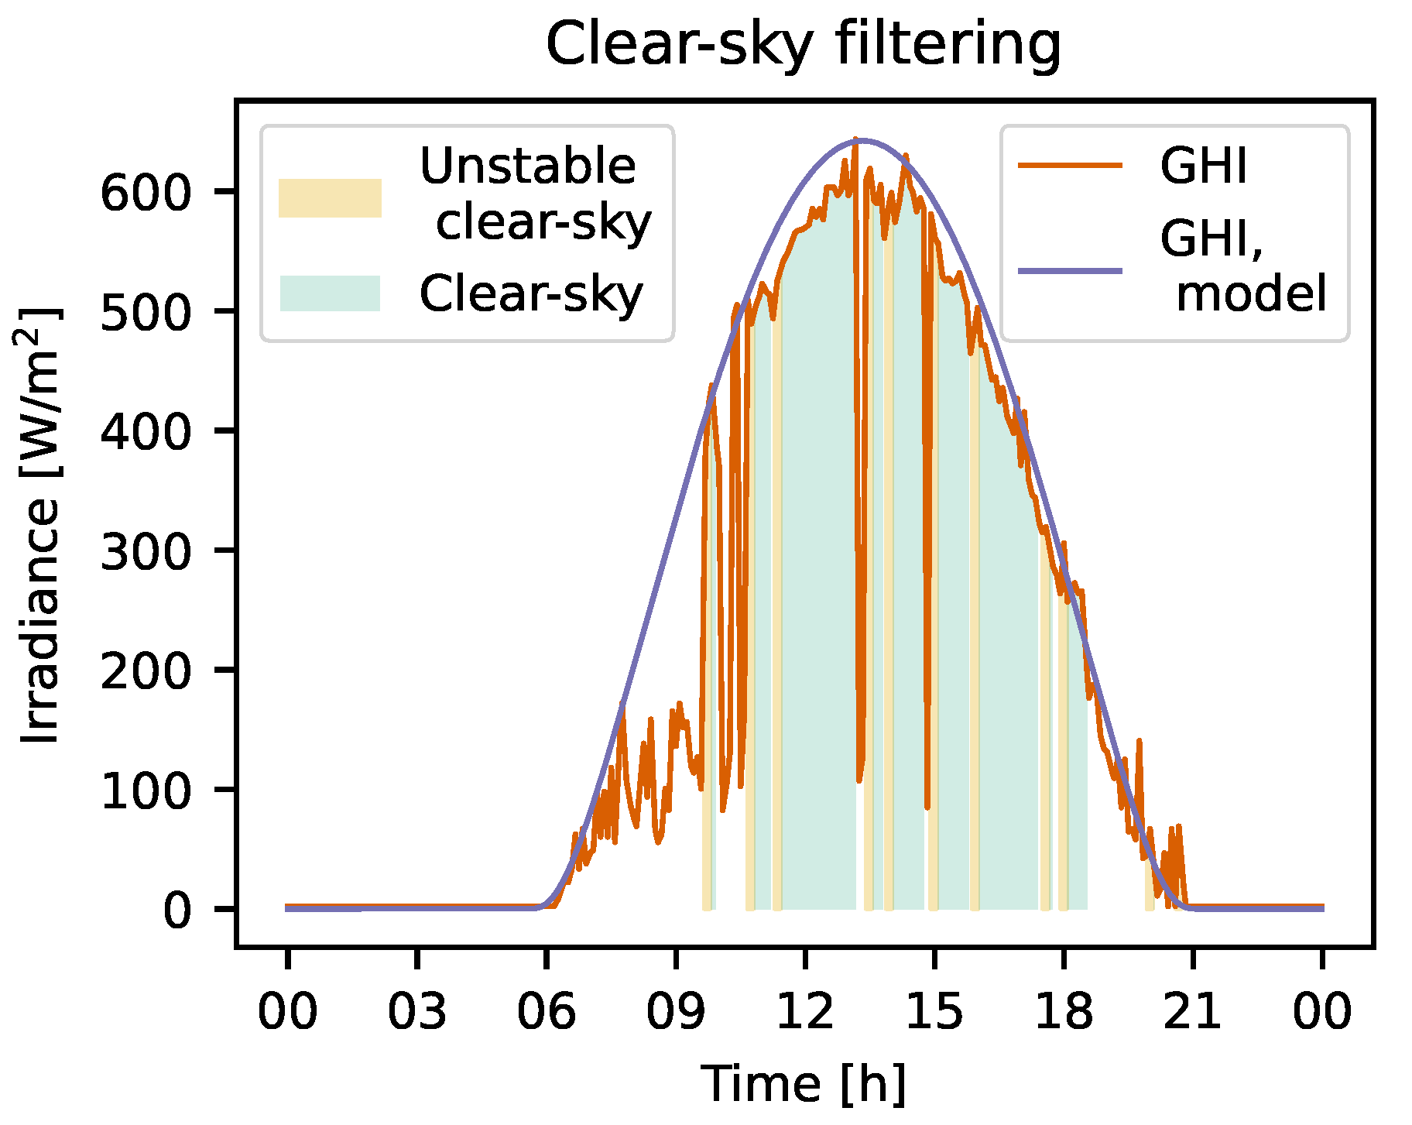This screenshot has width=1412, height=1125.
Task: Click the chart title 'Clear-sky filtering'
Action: coord(804,44)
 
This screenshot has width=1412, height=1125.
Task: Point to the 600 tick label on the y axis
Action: coord(146,192)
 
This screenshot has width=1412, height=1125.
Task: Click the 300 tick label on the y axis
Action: coord(146,551)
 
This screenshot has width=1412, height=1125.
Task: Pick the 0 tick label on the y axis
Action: coord(176,910)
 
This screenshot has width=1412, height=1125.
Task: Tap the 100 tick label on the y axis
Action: coord(146,791)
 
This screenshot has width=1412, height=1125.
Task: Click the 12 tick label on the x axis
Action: coord(805,1010)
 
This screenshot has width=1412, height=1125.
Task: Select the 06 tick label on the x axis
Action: coord(547,1010)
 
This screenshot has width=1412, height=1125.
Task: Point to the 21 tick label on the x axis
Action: coord(1192,1010)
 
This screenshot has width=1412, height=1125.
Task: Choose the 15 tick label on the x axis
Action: coord(934,1010)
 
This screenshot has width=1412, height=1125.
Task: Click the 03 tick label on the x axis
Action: coord(417,1010)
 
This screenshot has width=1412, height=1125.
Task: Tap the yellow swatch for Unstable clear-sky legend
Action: coord(330,198)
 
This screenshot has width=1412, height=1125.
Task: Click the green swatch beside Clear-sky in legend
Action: coord(330,293)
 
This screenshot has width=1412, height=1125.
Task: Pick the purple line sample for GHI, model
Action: coord(1070,270)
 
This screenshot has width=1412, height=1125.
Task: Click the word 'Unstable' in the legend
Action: coord(527,166)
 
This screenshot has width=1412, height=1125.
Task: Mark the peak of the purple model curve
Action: coord(861,140)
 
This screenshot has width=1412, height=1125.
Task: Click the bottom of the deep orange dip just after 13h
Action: coord(859,780)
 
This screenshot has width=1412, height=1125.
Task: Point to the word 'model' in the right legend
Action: coord(1251,294)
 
